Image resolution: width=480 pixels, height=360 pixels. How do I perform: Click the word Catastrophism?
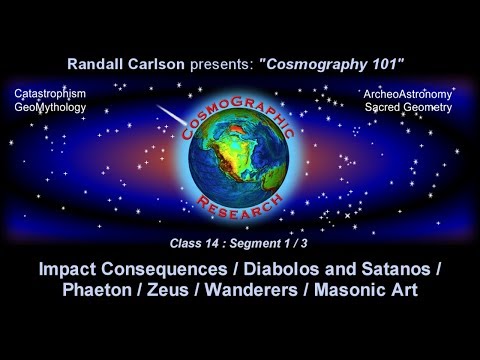[51, 93]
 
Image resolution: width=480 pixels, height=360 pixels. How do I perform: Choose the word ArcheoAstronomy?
[415, 93]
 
